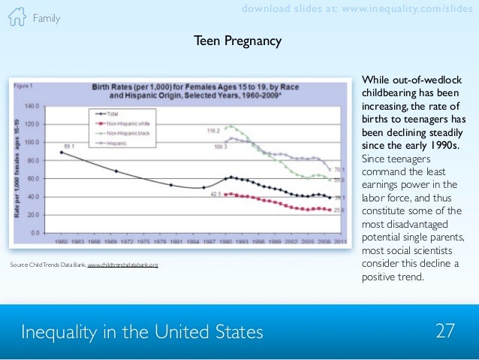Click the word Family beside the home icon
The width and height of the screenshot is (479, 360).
point(47,18)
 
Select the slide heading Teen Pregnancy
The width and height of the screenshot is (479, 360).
point(237,41)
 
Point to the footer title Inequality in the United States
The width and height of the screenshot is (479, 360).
point(143,331)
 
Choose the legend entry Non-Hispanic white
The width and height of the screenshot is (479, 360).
point(124,123)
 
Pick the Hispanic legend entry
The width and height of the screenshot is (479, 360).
point(115,141)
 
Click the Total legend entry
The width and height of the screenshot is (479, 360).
point(112,113)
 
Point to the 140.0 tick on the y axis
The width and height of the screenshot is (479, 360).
point(32,106)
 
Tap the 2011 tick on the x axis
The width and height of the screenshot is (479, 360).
point(340,242)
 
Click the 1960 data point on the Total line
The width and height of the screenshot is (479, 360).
point(61,153)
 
